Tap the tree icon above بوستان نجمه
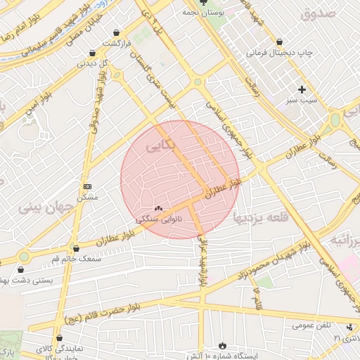[203, 3]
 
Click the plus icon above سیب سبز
[302, 89]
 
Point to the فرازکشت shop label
[116, 43]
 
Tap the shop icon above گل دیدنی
[92, 53]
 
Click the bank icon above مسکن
[87, 186]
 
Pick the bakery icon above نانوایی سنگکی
[158, 208]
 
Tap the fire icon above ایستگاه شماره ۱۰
[223, 345]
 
